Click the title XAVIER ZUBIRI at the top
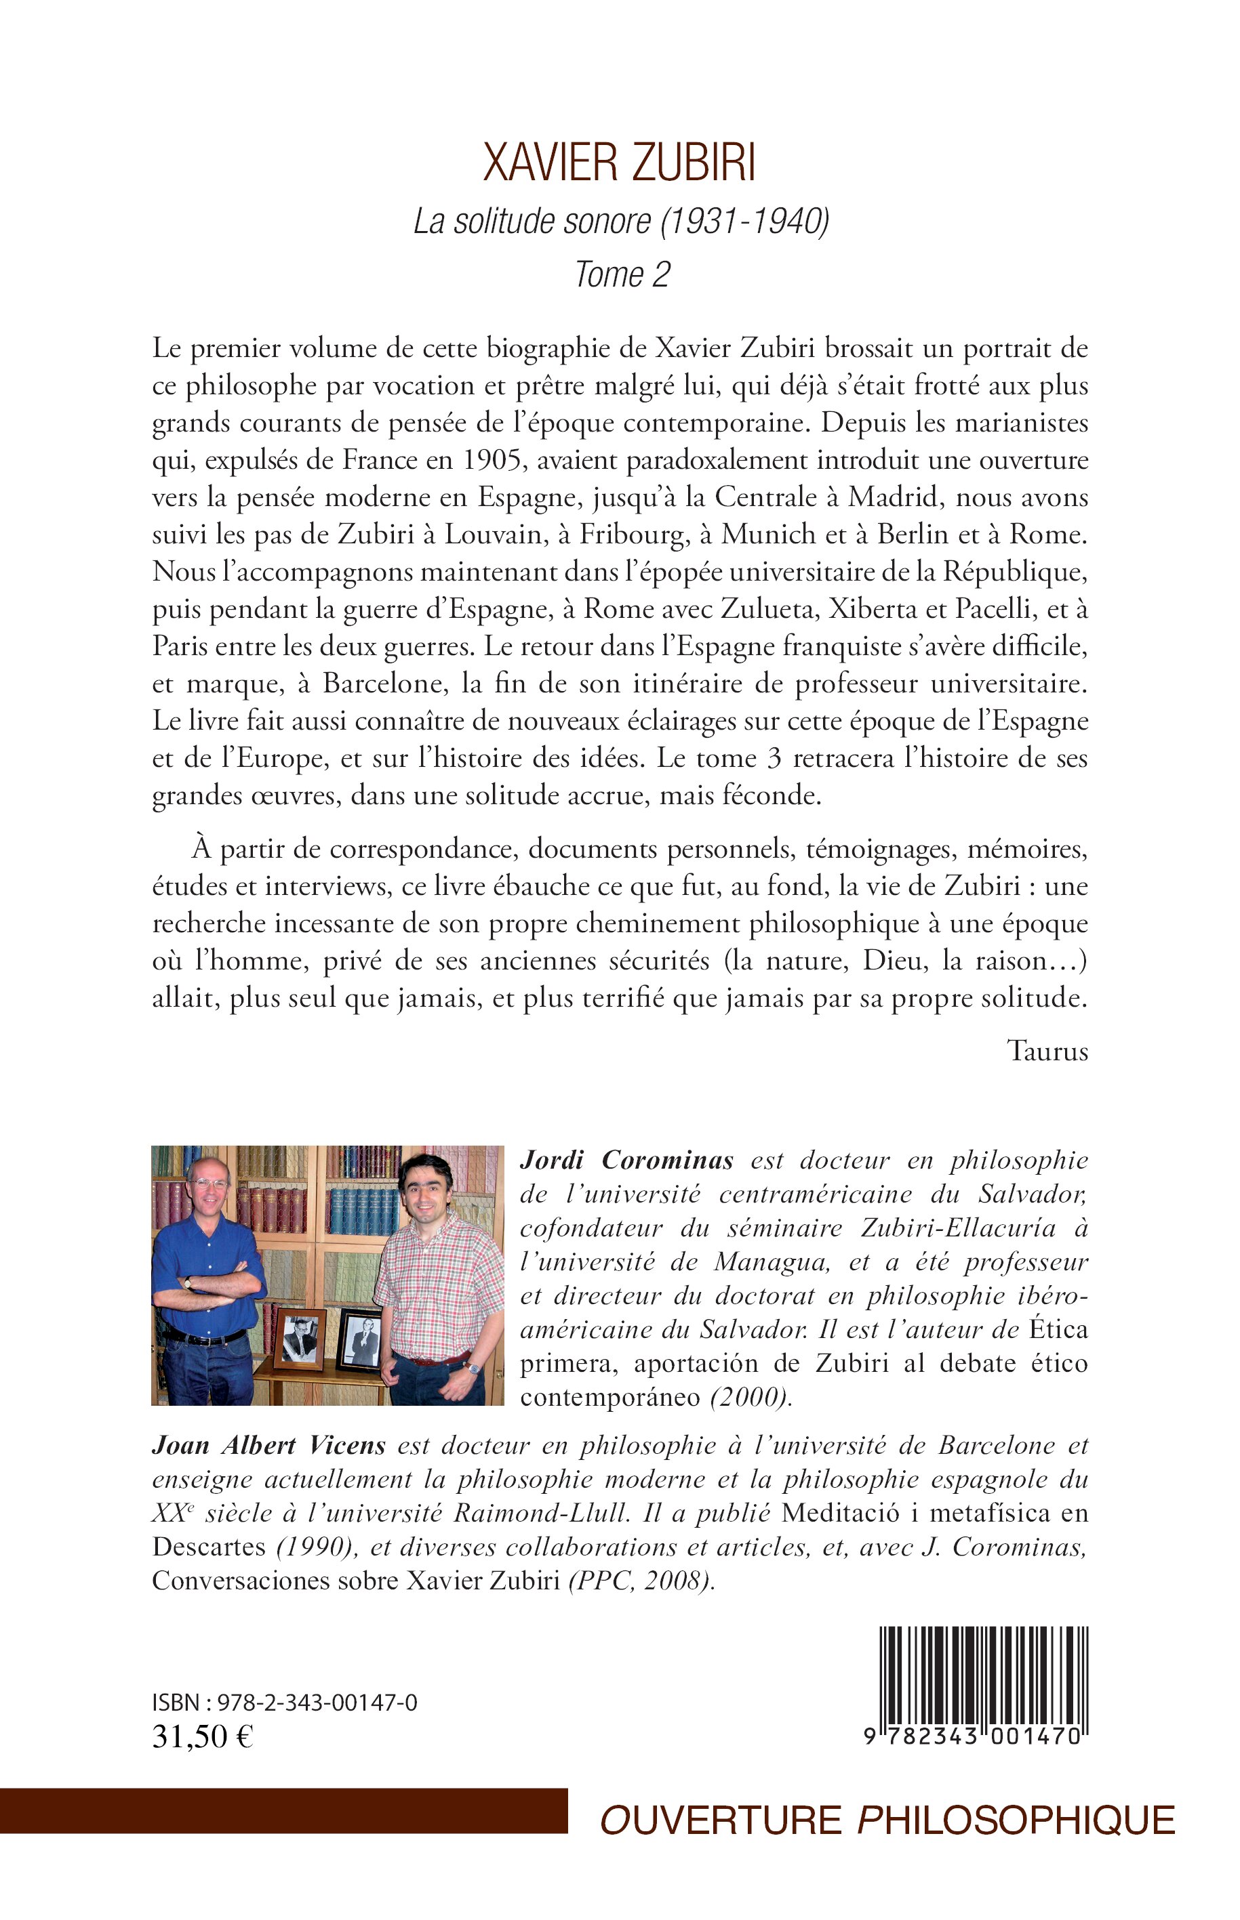pos(619,163)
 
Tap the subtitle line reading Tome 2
pos(622,275)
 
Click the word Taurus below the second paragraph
pos(1047,1051)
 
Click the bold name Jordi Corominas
pos(626,1160)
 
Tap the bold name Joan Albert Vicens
pos(269,1445)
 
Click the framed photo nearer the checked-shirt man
pos(359,1340)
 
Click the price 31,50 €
pos(202,1736)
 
